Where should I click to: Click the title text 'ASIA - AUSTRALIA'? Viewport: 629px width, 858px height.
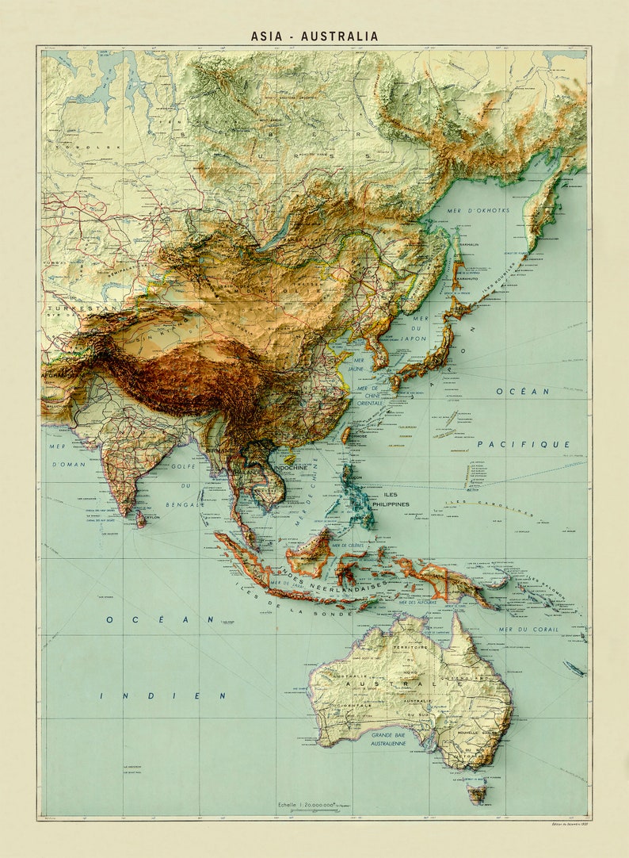pyautogui.click(x=314, y=36)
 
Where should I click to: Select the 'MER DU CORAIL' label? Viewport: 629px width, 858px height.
pyautogui.click(x=528, y=629)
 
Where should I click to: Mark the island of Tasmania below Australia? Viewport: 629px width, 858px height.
pyautogui.click(x=478, y=791)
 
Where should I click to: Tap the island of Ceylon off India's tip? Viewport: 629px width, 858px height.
pyautogui.click(x=141, y=519)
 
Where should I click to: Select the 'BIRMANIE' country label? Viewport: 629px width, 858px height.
pyautogui.click(x=221, y=450)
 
